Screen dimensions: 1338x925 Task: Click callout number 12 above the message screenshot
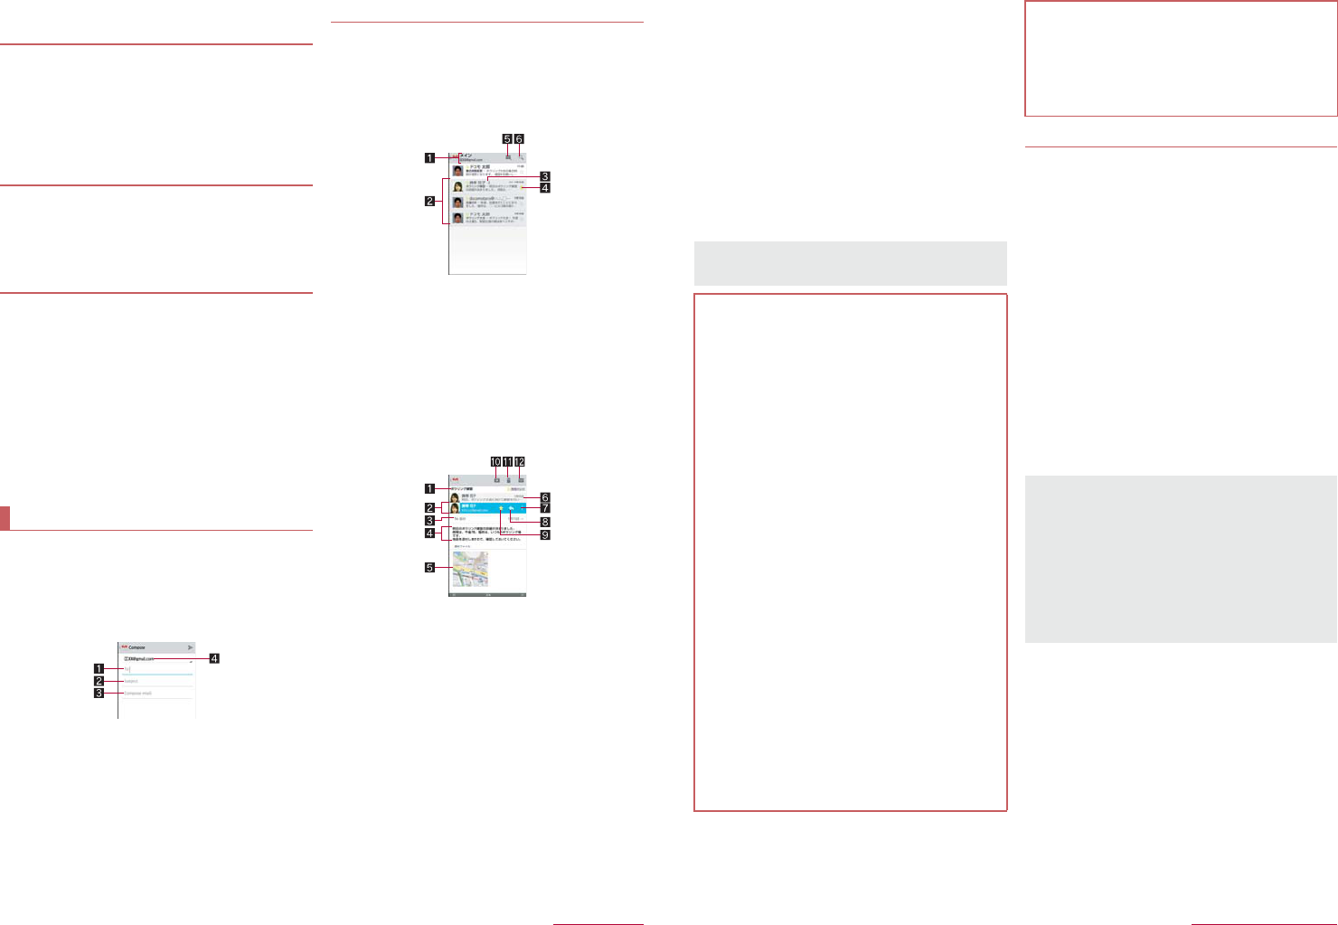(520, 461)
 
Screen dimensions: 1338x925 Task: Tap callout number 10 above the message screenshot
(495, 461)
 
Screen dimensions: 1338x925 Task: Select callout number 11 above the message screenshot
(507, 461)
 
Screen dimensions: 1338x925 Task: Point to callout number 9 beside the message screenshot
(544, 534)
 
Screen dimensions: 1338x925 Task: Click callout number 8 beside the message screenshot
(544, 522)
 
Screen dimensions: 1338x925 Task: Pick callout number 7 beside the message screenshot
(544, 509)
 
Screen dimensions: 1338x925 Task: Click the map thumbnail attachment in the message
(470, 569)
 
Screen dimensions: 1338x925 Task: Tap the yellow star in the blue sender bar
(501, 508)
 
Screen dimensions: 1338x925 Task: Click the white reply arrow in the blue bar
(512, 508)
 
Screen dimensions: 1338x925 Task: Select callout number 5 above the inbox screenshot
(507, 139)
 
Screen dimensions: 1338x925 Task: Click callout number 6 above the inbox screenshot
(519, 139)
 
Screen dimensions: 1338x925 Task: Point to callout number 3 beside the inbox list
(544, 176)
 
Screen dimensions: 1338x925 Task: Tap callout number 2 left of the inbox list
(430, 201)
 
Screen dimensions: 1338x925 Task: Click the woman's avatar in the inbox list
(458, 186)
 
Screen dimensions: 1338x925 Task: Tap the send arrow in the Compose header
(190, 647)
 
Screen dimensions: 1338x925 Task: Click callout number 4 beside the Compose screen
(213, 658)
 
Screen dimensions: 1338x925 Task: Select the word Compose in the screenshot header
(137, 647)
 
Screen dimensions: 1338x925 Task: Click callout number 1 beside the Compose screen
(99, 669)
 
